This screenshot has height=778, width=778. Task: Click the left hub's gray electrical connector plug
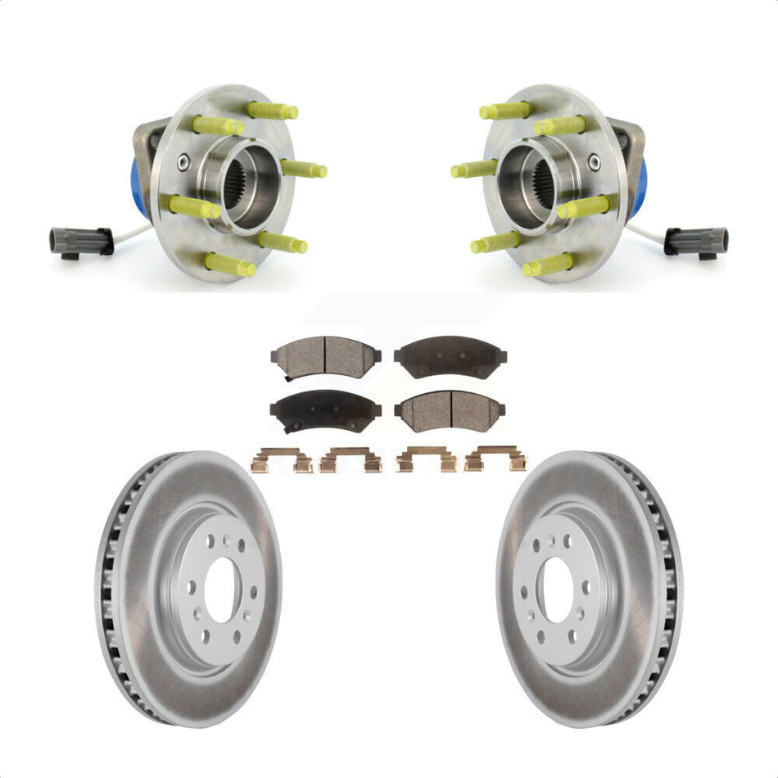pyautogui.click(x=80, y=240)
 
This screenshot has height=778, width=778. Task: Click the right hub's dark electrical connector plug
pyautogui.click(x=696, y=240)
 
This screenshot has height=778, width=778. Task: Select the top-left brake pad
pyautogui.click(x=326, y=356)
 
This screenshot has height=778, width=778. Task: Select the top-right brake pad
pyautogui.click(x=450, y=356)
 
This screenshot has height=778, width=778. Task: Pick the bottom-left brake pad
pyautogui.click(x=326, y=409)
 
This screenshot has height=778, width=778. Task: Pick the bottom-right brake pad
pyautogui.click(x=450, y=409)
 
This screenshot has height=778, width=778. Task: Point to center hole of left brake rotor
pyautogui.click(x=223, y=590)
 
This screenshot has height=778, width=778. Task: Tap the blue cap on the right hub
pyautogui.click(x=639, y=188)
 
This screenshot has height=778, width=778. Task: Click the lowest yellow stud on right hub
pyautogui.click(x=548, y=265)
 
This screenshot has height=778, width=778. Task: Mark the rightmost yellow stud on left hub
pyautogui.click(x=305, y=169)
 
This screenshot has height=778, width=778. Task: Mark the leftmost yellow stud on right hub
pyautogui.click(x=473, y=169)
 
